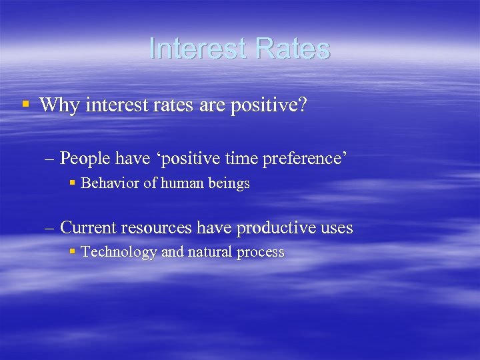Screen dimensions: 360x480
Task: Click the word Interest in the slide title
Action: pos(197,49)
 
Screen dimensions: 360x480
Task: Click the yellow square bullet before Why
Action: pos(25,104)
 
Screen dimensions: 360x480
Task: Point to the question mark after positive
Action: pos(303,105)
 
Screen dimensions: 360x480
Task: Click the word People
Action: pos(85,158)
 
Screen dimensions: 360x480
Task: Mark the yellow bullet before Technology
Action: pos(73,252)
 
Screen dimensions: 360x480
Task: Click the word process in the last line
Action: pos(261,253)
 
